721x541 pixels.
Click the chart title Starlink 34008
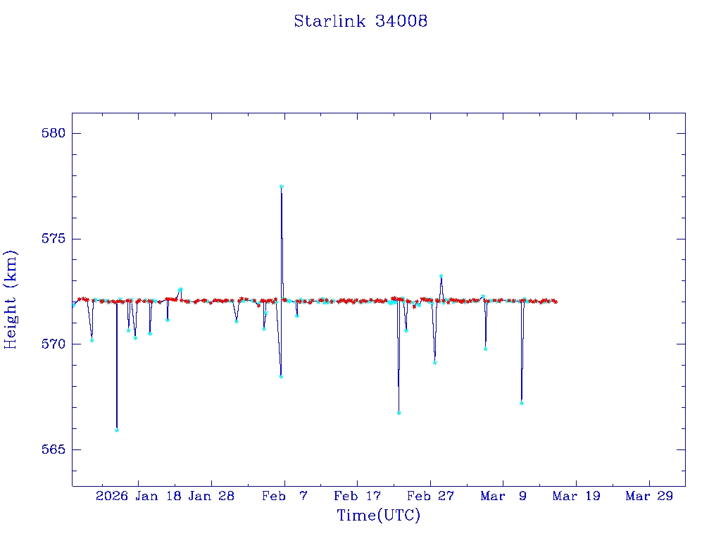click(360, 21)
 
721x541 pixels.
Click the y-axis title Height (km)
click(11, 299)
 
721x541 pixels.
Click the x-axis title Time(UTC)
click(378, 516)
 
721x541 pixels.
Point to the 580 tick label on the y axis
click(51, 134)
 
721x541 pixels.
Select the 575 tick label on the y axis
click(51, 239)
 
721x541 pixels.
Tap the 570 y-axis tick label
click(51, 344)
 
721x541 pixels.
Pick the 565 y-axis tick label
click(51, 449)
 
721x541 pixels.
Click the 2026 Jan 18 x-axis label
click(139, 496)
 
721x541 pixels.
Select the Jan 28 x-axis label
click(211, 496)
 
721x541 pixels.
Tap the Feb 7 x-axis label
click(284, 496)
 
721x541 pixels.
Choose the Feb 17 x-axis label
click(357, 496)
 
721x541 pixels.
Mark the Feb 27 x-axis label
click(430, 496)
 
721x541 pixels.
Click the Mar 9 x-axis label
click(503, 496)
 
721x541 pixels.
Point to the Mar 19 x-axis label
click(576, 496)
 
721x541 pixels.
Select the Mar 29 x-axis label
click(649, 496)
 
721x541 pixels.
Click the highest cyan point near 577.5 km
click(281, 187)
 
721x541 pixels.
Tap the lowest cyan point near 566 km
click(117, 430)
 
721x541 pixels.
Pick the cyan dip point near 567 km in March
click(521, 403)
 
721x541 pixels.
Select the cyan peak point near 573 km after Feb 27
click(441, 276)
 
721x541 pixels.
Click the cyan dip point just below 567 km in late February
click(399, 413)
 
